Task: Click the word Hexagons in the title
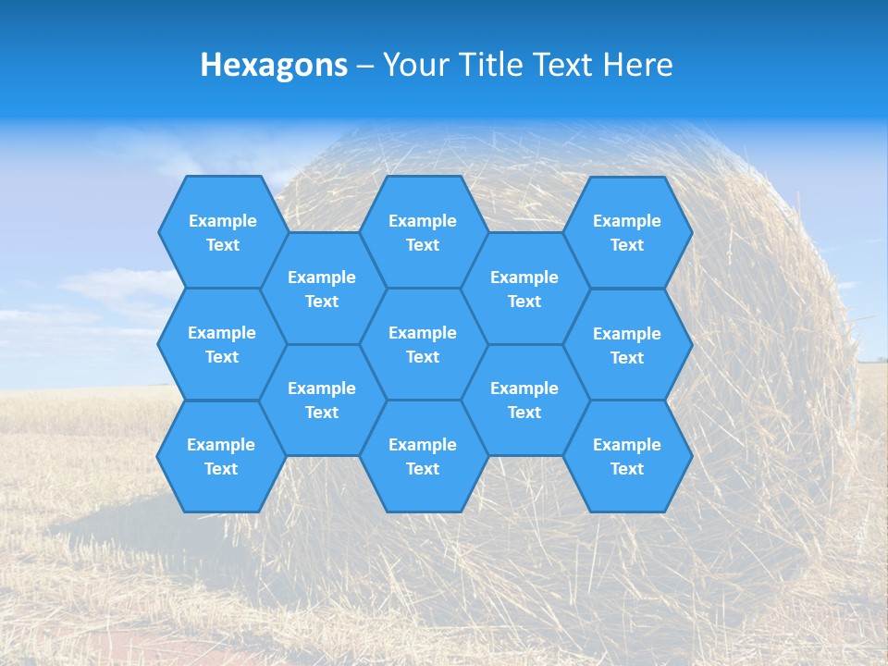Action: (274, 65)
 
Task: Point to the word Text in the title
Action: (563, 65)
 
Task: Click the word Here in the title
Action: (638, 65)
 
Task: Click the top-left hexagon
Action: (222, 232)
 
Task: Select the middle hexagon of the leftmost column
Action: (222, 344)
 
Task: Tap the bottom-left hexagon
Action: (222, 456)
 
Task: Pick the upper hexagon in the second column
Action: (322, 289)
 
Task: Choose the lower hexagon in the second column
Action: (322, 400)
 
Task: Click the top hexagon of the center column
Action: (423, 232)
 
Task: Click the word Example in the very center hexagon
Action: (423, 333)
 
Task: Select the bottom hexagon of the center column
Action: (423, 456)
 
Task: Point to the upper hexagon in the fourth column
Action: (524, 289)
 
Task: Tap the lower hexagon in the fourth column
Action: (524, 400)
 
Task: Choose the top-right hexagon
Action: (627, 232)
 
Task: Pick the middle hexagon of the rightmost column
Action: (627, 345)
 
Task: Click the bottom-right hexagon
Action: (627, 456)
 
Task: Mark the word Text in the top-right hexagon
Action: (627, 245)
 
